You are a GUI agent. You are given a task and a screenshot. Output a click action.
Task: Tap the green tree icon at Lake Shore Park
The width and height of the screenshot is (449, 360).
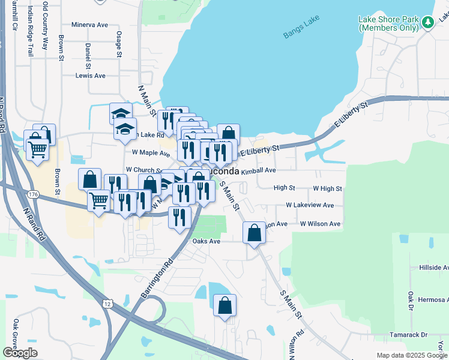(427, 23)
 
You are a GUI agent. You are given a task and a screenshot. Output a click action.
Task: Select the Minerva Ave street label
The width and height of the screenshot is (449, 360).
(89, 25)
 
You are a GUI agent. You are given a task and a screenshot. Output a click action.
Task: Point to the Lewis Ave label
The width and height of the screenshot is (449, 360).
(90, 76)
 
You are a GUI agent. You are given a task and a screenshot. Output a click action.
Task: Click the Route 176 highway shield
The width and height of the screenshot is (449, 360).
(33, 194)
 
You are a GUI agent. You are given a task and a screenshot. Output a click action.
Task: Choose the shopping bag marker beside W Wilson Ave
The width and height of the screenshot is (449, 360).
(254, 232)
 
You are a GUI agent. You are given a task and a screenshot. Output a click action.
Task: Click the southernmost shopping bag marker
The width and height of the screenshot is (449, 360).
(224, 305)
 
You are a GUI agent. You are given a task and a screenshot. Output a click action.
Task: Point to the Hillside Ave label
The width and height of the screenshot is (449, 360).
(429, 267)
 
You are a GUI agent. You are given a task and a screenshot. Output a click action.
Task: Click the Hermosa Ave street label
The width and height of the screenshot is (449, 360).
(428, 299)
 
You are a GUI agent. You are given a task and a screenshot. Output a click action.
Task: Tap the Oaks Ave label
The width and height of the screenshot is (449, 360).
(206, 241)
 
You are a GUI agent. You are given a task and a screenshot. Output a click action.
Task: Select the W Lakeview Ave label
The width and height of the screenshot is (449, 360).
(309, 205)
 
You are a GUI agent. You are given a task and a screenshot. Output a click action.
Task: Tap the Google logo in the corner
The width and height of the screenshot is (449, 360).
(20, 352)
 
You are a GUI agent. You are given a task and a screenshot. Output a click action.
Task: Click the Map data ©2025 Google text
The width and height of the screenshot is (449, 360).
(411, 355)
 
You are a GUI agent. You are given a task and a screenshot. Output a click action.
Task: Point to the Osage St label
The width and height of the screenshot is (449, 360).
(119, 44)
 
